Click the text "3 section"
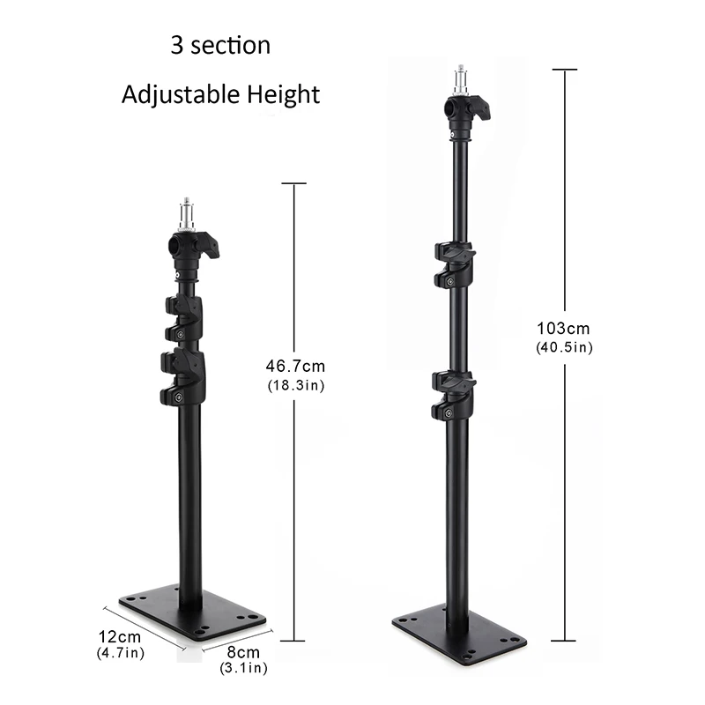[220, 45]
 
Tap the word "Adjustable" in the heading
[173, 94]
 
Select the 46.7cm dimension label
[294, 364]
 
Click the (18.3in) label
[294, 385]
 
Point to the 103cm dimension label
[564, 329]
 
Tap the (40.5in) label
[564, 347]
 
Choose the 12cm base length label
[120, 636]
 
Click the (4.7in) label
[120, 653]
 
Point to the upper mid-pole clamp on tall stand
[454, 265]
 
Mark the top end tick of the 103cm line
[564, 69]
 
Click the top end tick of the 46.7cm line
[293, 183]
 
